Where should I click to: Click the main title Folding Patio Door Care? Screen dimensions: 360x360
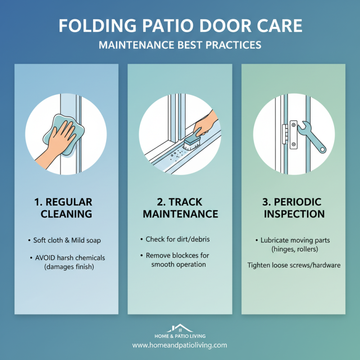[180, 26]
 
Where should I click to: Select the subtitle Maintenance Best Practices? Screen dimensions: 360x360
[180, 45]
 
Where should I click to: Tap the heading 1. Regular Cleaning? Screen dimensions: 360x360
[66, 207]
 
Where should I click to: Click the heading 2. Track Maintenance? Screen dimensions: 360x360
[180, 207]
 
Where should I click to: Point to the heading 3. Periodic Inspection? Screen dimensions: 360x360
[293, 207]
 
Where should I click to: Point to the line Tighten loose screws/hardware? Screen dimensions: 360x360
[294, 265]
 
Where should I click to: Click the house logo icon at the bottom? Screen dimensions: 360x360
[180, 328]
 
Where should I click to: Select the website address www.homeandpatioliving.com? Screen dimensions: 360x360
[180, 346]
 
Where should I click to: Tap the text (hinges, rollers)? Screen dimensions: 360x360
[293, 249]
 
